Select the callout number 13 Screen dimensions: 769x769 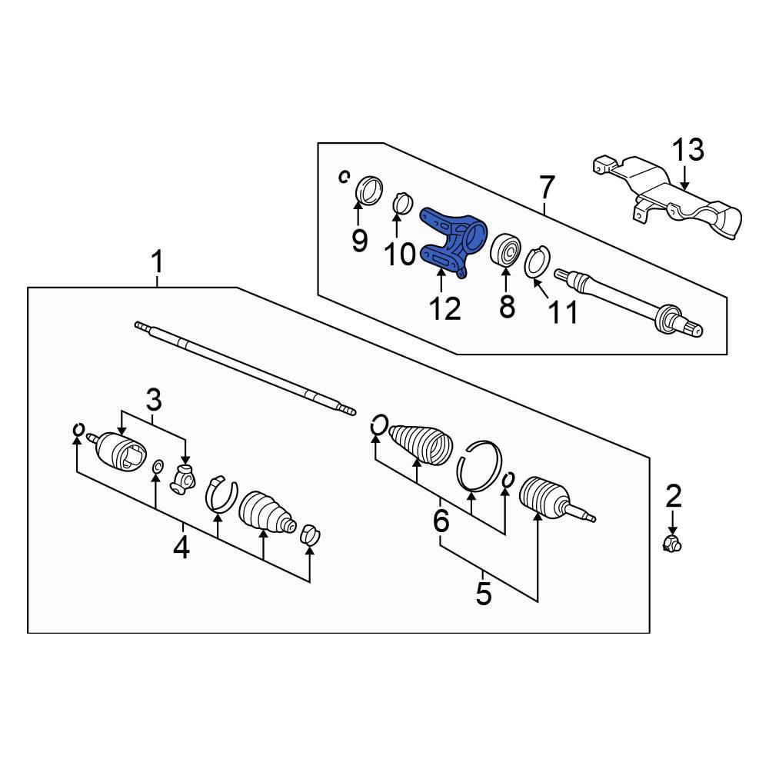pyautogui.click(x=688, y=151)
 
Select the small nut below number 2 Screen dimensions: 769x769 pyautogui.click(x=673, y=545)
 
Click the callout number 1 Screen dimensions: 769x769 pyautogui.click(x=157, y=263)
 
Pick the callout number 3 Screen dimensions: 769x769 pyautogui.click(x=154, y=400)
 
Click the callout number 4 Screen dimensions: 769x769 pyautogui.click(x=181, y=548)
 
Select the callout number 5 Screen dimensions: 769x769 pyautogui.click(x=483, y=593)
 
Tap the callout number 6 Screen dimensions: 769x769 pyautogui.click(x=441, y=521)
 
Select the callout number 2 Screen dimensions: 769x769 pyautogui.click(x=674, y=496)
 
